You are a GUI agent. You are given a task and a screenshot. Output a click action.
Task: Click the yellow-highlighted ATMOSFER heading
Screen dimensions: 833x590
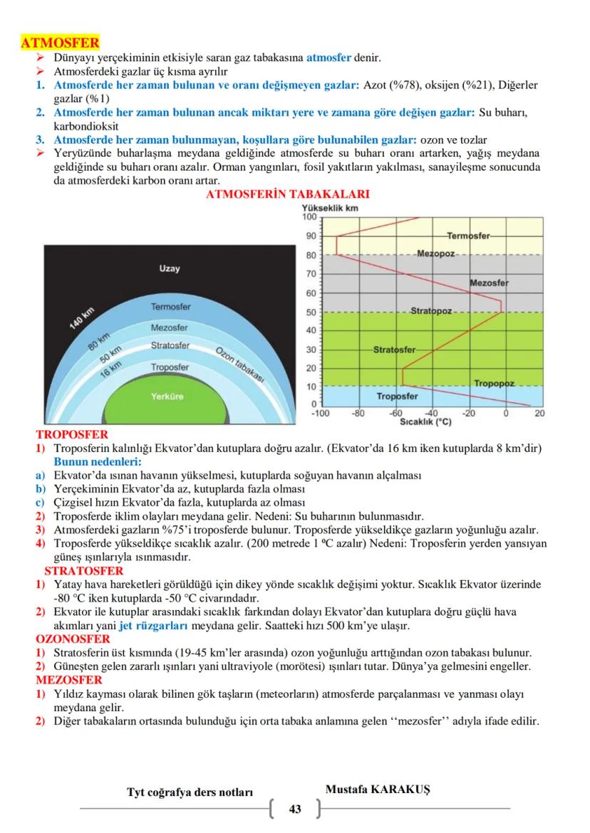[60, 43]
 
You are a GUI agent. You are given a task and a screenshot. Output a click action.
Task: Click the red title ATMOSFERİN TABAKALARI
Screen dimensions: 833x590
[286, 194]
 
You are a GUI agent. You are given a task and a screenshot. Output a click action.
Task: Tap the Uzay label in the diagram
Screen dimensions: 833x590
[170, 269]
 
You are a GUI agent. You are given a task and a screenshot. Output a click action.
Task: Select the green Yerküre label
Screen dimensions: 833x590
[170, 397]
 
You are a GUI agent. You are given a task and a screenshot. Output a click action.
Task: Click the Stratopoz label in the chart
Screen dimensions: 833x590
[432, 312]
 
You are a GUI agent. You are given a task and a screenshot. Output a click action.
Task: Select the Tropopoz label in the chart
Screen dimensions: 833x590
[494, 384]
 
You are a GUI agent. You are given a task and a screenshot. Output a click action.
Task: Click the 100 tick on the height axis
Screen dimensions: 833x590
[309, 216]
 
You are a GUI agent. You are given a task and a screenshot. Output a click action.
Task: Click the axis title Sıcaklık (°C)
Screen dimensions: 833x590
[426, 421]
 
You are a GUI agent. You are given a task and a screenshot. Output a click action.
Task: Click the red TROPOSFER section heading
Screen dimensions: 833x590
[72, 434]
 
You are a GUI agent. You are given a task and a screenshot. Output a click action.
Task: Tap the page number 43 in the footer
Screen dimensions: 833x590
[295, 809]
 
